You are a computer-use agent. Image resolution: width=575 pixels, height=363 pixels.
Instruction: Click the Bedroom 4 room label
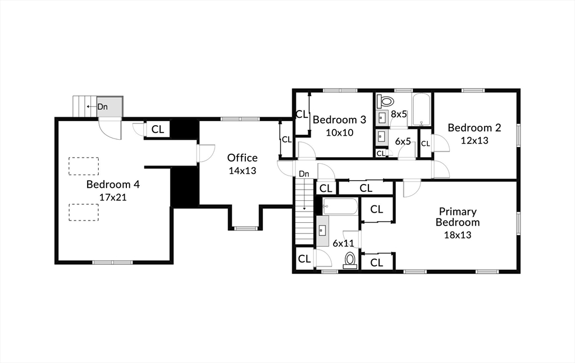[113, 184]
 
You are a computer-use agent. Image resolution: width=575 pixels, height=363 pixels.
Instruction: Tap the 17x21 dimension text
[113, 197]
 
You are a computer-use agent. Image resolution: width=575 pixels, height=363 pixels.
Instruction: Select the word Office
[242, 158]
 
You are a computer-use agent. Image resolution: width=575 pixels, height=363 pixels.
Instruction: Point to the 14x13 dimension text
[242, 171]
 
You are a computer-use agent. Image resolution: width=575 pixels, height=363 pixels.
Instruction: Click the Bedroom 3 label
[339, 120]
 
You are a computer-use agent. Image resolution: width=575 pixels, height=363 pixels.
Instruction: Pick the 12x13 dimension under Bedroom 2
[474, 140]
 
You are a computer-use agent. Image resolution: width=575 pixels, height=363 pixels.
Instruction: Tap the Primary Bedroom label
[458, 217]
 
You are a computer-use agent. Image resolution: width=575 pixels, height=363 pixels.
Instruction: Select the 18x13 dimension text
[458, 235]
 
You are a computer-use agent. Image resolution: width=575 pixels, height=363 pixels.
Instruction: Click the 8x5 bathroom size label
[399, 114]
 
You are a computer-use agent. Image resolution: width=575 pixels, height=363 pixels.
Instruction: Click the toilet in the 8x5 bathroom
[385, 102]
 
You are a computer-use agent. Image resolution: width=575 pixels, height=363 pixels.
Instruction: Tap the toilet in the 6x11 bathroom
[350, 260]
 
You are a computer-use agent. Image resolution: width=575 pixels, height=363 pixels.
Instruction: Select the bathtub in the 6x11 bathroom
[340, 206]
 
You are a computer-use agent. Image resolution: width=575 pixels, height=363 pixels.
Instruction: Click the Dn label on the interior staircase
[304, 174]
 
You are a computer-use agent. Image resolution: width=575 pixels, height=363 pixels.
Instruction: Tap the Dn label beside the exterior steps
[103, 106]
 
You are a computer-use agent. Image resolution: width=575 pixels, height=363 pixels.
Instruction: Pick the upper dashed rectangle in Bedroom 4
[84, 166]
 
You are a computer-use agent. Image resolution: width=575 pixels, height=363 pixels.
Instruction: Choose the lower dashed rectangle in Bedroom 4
[84, 212]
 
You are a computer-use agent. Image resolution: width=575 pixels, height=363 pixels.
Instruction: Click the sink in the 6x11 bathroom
[322, 231]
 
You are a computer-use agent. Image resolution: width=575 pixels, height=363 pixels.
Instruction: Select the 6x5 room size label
[403, 141]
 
